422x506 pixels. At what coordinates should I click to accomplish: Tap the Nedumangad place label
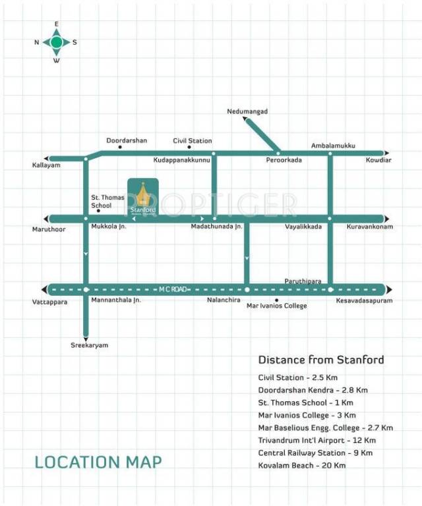pos(247,111)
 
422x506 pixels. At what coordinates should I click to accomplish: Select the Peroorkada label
pos(284,160)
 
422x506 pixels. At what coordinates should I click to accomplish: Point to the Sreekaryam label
pos(89,345)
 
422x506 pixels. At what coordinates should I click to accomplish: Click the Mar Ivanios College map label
pos(276,306)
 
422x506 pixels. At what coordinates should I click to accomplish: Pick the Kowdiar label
pos(378,160)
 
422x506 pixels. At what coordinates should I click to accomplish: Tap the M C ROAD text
pos(173,289)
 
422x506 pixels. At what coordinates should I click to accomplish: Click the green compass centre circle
pos(57,42)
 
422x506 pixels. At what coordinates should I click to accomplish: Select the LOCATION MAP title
pos(98,462)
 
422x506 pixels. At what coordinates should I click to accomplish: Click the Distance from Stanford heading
pos(320,360)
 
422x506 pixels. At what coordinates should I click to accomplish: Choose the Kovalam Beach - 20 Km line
pos(302,465)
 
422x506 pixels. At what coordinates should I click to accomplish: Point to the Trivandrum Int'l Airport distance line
pos(317,440)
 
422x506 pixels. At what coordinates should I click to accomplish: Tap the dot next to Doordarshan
pos(119,147)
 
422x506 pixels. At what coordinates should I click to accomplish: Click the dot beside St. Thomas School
pos(98,211)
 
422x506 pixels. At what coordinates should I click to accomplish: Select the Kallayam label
pos(46,165)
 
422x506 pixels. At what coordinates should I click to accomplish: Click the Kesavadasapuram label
pos(364,300)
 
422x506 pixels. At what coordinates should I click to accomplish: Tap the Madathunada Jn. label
pos(217,227)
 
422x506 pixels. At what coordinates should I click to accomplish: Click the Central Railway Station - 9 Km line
pos(316,453)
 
